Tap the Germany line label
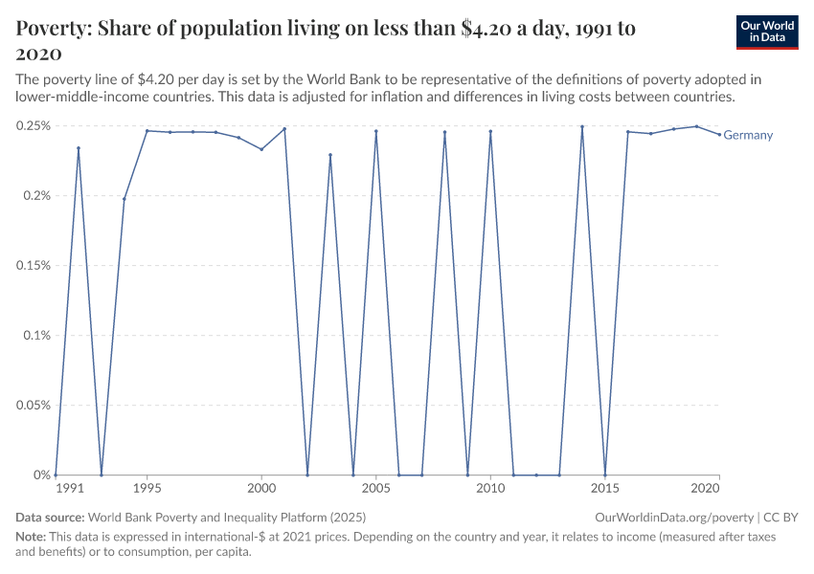748,135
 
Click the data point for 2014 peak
581,126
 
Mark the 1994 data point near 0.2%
124,199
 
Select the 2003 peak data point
330,155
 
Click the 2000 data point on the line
261,149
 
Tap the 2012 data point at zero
536,475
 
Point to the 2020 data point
719,134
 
